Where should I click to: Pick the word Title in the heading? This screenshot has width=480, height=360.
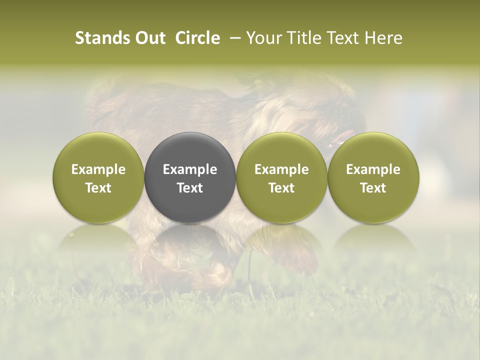click(301, 38)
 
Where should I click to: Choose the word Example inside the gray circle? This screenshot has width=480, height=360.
click(190, 169)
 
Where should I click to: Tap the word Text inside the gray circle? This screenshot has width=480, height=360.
click(190, 188)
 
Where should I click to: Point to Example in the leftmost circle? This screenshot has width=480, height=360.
click(98, 169)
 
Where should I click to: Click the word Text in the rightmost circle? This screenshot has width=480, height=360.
click(373, 188)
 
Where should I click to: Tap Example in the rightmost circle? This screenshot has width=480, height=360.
click(373, 169)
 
